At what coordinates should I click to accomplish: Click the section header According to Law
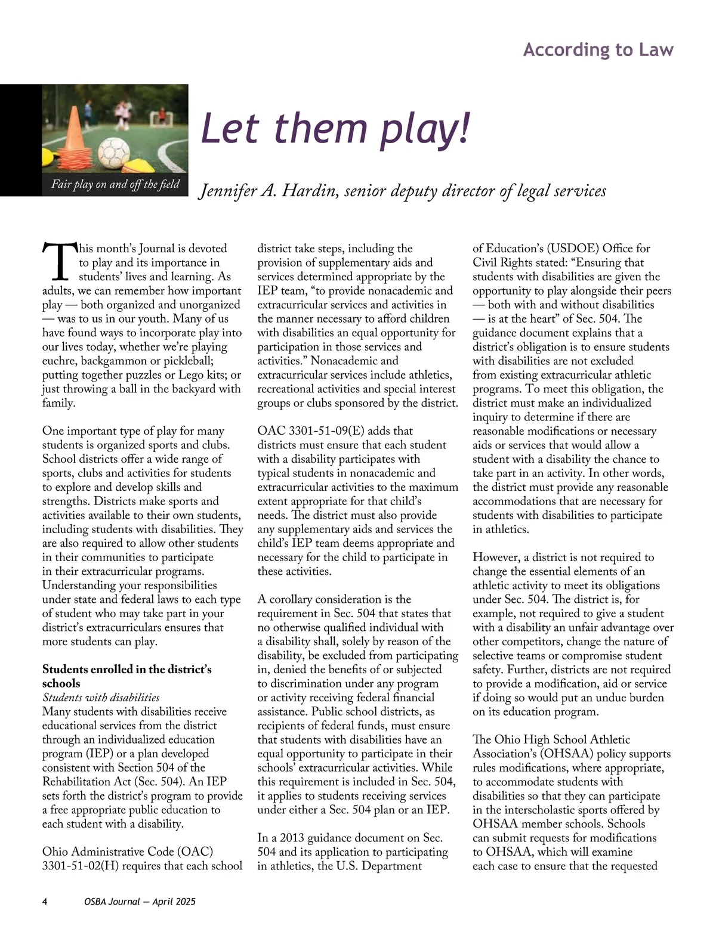coord(598,49)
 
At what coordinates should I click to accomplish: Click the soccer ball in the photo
coord(113,153)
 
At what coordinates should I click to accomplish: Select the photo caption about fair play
coord(115,184)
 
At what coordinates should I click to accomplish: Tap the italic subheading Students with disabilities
coord(101,697)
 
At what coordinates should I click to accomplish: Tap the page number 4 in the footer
coord(45,902)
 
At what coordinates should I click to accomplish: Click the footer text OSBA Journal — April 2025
coord(140,902)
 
